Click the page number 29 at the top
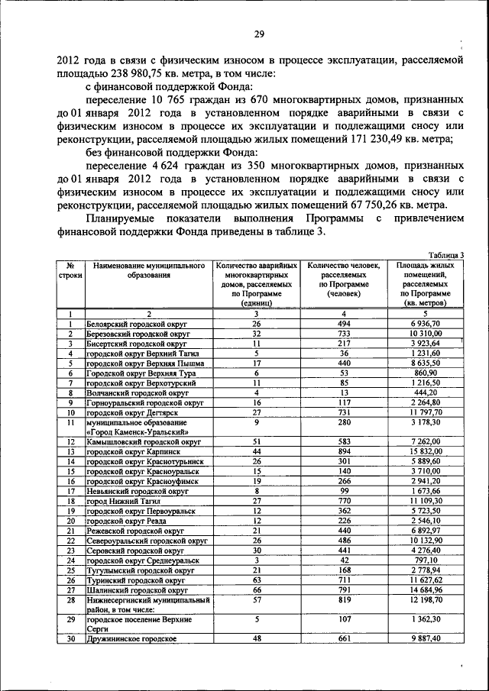coord(258,34)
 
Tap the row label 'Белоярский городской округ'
coord(137,324)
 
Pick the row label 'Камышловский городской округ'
coord(143,442)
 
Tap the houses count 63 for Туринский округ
coord(257,580)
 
